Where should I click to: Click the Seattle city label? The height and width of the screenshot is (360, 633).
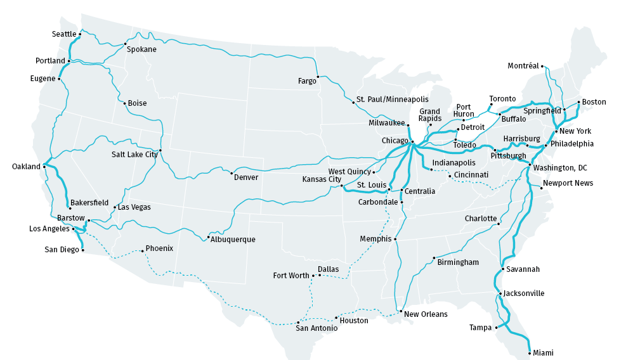63,34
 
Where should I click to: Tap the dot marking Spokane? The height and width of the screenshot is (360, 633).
125,44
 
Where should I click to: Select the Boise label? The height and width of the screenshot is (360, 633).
137,103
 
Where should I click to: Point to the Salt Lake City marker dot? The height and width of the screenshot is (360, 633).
160,150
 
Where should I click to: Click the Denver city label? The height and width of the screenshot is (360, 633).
246,177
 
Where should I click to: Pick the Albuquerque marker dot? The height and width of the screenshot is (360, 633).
208,237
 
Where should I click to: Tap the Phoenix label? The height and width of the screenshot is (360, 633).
159,248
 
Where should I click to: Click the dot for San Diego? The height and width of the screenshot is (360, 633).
82,250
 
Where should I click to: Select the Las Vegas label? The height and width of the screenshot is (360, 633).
134,207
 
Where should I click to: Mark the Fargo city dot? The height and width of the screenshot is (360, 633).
318,77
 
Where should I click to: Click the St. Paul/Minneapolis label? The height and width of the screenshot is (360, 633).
392,100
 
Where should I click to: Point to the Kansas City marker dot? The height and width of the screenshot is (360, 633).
341,186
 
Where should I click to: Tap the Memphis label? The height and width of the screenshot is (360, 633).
375,239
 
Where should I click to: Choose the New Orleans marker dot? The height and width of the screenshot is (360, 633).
401,311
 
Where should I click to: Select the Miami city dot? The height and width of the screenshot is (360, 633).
530,352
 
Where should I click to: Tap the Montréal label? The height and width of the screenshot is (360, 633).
523,66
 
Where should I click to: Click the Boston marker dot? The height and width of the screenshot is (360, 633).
578,101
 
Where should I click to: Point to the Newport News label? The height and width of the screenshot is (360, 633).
569,183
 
